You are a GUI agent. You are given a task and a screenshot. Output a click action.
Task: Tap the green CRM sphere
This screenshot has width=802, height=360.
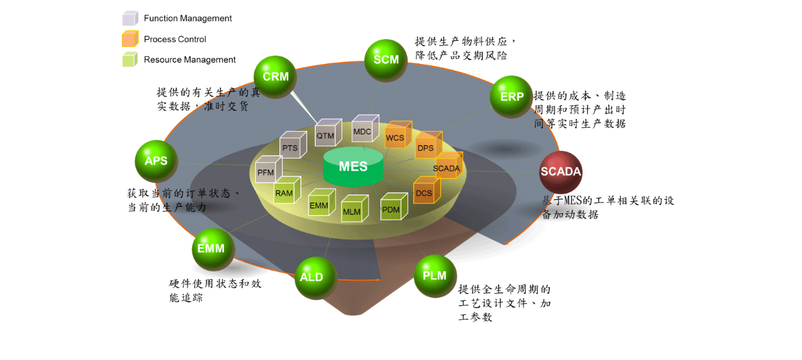tap(275, 77)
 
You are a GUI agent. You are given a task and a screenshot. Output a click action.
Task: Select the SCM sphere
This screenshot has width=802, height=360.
tap(386, 60)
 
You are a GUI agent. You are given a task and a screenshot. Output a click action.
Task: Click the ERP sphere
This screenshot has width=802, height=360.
tap(511, 96)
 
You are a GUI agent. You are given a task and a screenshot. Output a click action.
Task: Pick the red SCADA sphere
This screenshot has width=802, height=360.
tap(561, 172)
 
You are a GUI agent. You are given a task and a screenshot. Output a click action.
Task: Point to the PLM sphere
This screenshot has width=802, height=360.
tap(435, 276)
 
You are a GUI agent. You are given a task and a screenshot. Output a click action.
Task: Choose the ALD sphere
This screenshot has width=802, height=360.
tap(311, 277)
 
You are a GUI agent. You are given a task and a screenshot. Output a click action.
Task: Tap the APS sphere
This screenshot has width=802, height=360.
tap(156, 161)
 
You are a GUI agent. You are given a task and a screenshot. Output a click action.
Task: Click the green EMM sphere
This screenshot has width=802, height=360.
tap(212, 249)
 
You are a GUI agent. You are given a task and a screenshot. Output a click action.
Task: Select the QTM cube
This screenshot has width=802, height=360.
tap(327, 134)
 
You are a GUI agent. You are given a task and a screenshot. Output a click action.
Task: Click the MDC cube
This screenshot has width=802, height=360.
tap(363, 131)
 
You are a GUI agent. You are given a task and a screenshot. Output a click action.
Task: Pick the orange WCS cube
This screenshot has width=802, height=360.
tap(396, 137)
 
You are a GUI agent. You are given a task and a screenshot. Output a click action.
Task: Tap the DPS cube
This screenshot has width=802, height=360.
tap(427, 147)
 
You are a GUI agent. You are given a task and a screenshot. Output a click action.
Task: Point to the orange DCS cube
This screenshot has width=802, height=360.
tap(425, 192)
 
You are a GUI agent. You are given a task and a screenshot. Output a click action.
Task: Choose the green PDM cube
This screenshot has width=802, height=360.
tap(392, 209)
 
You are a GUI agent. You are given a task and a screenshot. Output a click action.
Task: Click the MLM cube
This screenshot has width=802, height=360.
tap(353, 211)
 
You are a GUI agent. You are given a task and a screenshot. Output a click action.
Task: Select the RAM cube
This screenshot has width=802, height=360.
tap(286, 192)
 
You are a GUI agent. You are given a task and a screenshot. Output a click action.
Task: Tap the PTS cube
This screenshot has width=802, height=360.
tap(291, 147)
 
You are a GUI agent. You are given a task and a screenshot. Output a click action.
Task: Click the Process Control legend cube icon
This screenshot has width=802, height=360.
tap(130, 39)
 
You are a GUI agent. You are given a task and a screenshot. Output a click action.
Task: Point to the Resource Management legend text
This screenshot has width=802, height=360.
tap(189, 60)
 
